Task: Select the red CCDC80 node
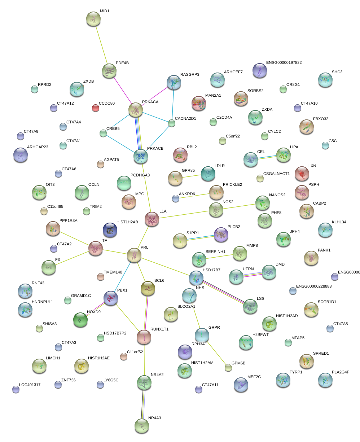coord(95,108)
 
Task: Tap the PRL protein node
coord(134,255)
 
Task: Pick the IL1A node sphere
coord(152,219)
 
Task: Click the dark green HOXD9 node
coord(80,320)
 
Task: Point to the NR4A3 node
coord(141,426)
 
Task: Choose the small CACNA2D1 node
coord(172,123)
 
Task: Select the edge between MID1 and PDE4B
coord(101,45)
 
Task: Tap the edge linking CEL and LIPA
coord(267,157)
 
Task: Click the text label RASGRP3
coord(190,75)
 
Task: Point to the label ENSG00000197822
coord(284,63)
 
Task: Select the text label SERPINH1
coord(215,251)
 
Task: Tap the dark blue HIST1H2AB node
coord(110,230)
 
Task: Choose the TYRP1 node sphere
coord(283,380)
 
